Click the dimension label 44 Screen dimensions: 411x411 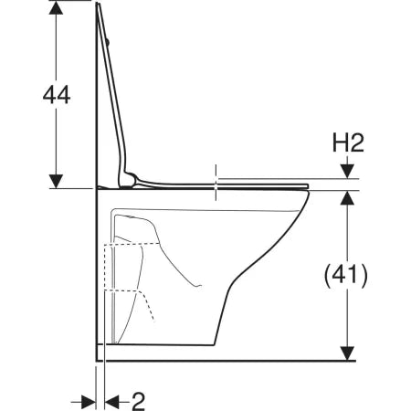tap(57, 95)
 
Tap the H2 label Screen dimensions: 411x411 tap(348, 143)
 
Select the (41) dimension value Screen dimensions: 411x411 tap(346, 276)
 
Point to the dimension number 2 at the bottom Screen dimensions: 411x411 tap(138, 402)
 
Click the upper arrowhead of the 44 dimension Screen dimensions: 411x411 tap(56, 8)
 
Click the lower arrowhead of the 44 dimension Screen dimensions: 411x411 tap(56, 181)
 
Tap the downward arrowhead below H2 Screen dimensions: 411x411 tap(347, 171)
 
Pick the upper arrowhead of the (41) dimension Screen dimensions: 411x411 tap(347, 198)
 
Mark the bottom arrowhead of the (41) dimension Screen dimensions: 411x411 tap(347, 353)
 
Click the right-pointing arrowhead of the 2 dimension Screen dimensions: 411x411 tap(89, 402)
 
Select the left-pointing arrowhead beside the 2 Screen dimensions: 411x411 tap(111, 402)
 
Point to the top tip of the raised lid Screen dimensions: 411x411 tap(98, 3)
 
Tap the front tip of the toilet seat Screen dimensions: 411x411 tap(308, 186)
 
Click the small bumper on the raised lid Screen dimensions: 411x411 tap(108, 42)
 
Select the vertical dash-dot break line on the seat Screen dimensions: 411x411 tap(216, 183)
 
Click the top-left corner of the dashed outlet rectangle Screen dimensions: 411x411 tap(105, 245)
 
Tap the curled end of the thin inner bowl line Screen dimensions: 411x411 tap(200, 286)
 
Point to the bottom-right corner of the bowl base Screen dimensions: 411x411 tap(215, 345)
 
